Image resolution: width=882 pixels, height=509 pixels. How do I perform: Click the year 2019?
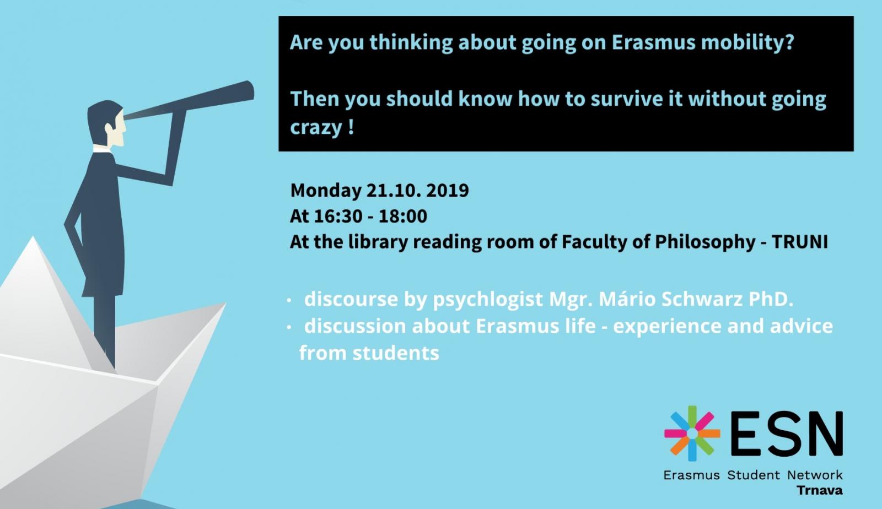[447, 191]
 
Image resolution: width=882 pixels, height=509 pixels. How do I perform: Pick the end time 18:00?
[403, 216]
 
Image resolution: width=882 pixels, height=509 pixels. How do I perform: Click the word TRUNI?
[799, 241]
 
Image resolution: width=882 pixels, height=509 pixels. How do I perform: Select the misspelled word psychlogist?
[488, 299]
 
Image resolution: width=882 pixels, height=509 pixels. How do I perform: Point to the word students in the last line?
[396, 353]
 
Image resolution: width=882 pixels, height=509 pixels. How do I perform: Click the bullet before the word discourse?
[289, 301]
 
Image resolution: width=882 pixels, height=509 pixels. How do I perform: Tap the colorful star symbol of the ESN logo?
[692, 433]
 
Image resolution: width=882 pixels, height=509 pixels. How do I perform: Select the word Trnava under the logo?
[820, 490]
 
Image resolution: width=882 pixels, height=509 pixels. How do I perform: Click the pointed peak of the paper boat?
[33, 237]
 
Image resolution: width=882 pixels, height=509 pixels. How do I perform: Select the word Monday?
[326, 191]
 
